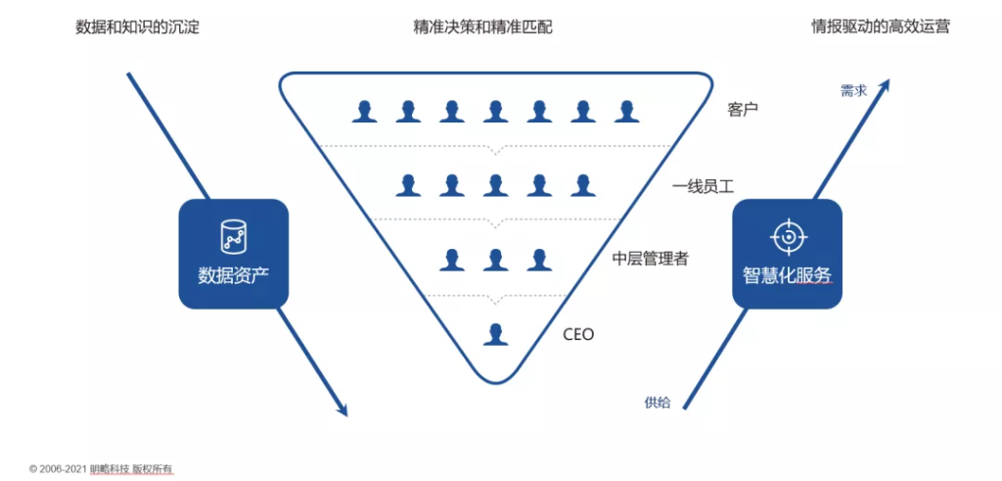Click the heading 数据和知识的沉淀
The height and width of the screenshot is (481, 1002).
click(x=137, y=27)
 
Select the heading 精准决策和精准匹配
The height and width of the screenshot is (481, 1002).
click(x=482, y=27)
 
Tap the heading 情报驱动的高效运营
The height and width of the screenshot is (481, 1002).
click(x=881, y=27)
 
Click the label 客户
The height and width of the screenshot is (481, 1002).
click(x=744, y=110)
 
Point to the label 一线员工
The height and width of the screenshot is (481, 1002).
click(x=703, y=185)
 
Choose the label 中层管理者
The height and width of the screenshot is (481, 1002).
click(x=650, y=259)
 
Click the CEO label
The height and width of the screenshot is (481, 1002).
click(x=578, y=334)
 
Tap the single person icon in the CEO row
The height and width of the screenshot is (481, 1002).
click(x=496, y=334)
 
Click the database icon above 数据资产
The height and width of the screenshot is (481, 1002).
click(x=233, y=236)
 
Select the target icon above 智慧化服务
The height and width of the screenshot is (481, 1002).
click(x=787, y=236)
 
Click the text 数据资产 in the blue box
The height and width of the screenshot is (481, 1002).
click(x=233, y=276)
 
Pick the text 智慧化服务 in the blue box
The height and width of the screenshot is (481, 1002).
click(x=787, y=276)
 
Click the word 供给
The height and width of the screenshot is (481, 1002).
click(x=658, y=402)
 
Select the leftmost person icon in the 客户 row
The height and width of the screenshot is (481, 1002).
click(x=365, y=111)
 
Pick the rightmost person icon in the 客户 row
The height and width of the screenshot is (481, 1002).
click(x=627, y=111)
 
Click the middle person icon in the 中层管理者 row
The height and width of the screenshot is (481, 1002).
click(x=496, y=260)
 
